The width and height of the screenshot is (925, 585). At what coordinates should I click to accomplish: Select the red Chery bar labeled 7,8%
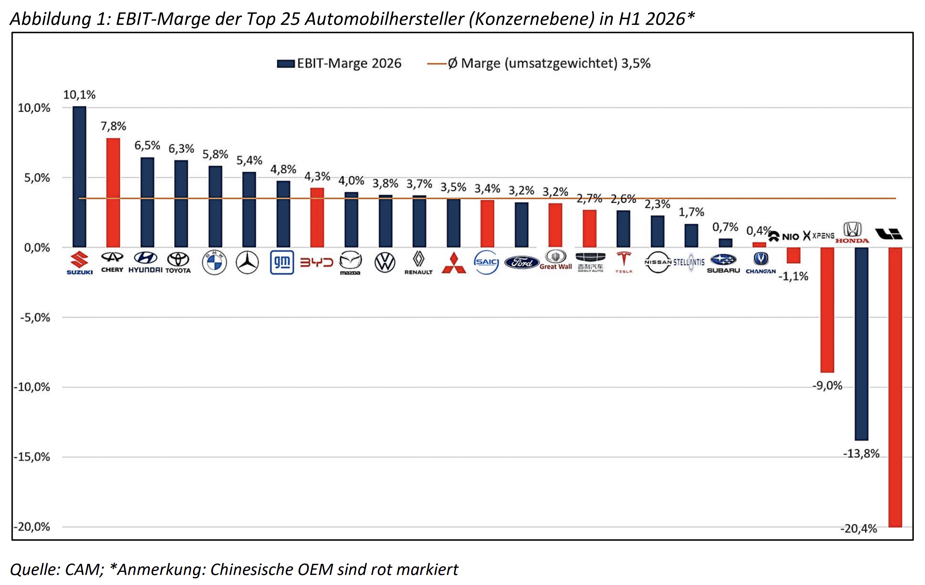[x=113, y=192]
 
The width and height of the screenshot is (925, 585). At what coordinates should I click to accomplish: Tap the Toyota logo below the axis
[x=178, y=262]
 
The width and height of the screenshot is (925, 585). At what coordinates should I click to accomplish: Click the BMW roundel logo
[x=214, y=262]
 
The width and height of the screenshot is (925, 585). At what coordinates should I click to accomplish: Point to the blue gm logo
[x=282, y=262]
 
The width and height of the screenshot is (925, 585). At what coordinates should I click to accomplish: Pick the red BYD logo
[x=317, y=262]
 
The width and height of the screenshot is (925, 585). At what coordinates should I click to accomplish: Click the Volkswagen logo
[x=384, y=263]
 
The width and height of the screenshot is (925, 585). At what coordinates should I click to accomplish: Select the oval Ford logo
[x=521, y=262]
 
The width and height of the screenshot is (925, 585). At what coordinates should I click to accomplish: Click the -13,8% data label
[x=861, y=454]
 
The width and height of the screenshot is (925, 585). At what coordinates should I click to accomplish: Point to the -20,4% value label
[x=858, y=529]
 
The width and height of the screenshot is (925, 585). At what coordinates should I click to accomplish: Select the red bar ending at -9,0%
[x=827, y=310]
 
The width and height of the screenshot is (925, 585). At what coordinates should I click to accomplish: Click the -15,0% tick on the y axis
[x=32, y=457]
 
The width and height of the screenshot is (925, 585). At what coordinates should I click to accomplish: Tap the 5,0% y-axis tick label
[x=37, y=178]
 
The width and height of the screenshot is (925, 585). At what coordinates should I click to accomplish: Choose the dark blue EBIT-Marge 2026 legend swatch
[x=286, y=64]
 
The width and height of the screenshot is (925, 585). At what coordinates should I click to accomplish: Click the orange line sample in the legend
[x=437, y=64]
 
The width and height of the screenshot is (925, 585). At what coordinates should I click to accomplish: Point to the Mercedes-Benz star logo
[x=247, y=262]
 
